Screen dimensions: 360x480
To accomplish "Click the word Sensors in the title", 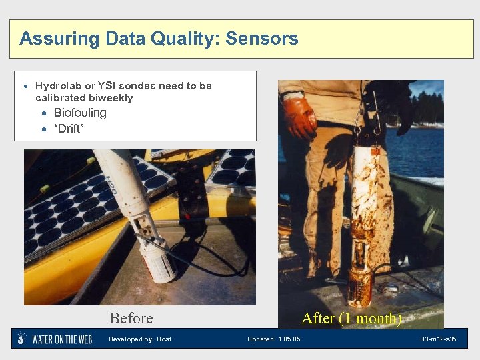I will tap(262, 39).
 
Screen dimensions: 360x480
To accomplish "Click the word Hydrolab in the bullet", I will tap(57, 86).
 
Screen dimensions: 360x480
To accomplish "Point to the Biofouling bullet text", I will tap(80, 113).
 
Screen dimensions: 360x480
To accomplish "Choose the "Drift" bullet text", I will tap(69, 129).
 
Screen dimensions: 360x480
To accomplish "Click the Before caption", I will tap(131, 318).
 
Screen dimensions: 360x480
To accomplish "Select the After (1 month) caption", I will tap(351, 318).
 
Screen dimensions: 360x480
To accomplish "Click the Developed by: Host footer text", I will tap(140, 339).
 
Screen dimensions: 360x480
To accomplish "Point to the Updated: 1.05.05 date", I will tap(273, 339).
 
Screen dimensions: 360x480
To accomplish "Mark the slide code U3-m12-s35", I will tap(438, 339).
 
